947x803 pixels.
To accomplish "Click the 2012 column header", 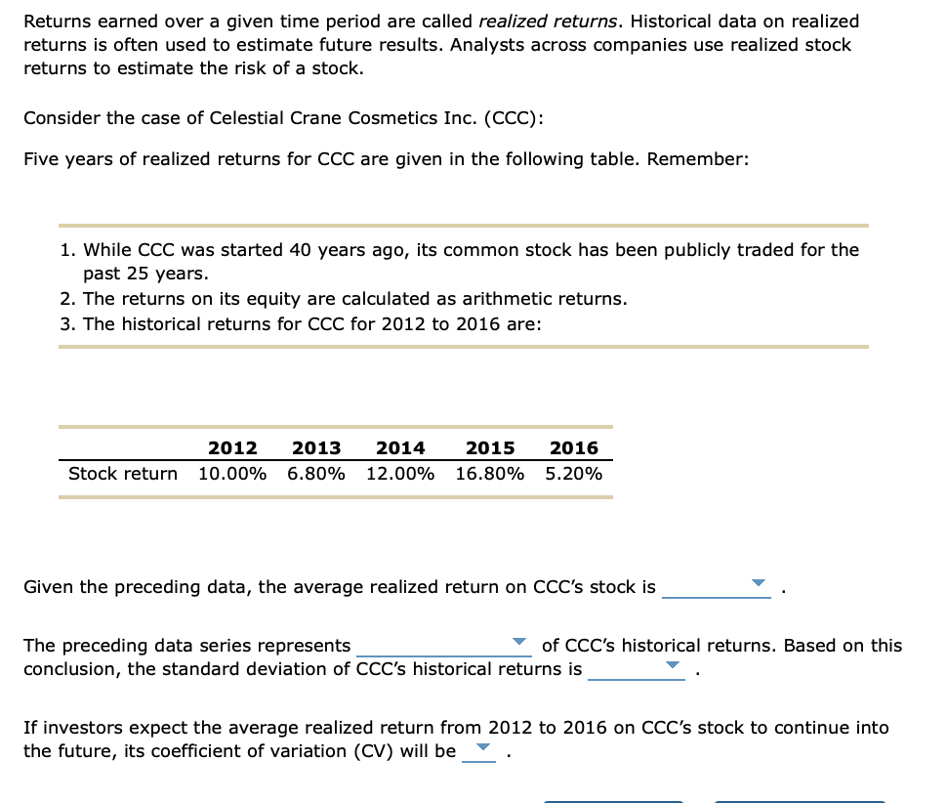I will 232,448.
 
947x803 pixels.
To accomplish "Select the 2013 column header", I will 316,448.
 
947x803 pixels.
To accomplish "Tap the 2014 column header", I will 400,448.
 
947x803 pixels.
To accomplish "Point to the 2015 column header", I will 490,448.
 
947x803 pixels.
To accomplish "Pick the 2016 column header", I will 574,448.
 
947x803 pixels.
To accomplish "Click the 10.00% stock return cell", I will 232,474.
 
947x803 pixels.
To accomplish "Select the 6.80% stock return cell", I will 316,474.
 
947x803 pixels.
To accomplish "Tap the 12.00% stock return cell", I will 400,474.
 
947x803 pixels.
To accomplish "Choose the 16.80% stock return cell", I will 490,474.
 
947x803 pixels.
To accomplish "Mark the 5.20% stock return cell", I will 574,474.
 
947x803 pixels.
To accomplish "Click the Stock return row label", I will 123,474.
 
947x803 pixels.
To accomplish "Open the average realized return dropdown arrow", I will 759,583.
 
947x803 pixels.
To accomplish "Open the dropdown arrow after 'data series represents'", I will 521,642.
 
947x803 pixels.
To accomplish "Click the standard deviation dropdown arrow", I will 673,665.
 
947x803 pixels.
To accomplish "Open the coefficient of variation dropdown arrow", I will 479,748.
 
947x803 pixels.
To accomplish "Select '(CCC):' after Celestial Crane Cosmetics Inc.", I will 514,118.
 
